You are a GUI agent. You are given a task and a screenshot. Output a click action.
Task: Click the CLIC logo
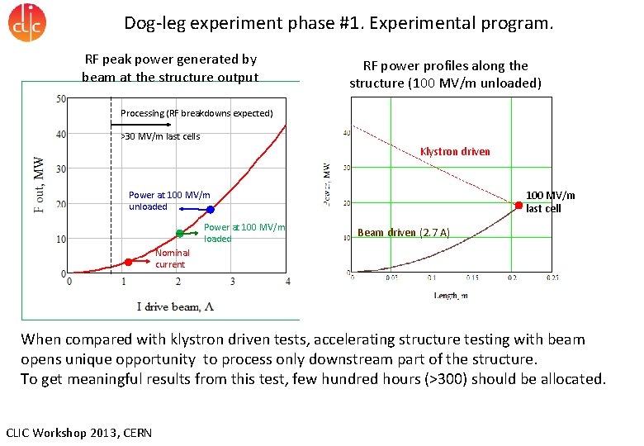(x=27, y=22)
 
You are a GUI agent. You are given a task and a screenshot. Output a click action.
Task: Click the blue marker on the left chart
(x=211, y=210)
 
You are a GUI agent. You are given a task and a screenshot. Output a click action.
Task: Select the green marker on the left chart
(x=179, y=234)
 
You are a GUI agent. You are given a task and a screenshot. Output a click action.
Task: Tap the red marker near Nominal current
(x=128, y=262)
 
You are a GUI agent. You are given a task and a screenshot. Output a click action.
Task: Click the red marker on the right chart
(x=519, y=203)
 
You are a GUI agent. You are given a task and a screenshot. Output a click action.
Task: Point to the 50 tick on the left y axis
(x=61, y=99)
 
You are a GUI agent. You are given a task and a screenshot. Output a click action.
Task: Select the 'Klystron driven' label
(x=455, y=151)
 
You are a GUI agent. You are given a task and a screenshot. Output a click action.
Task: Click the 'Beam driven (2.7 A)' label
(x=403, y=232)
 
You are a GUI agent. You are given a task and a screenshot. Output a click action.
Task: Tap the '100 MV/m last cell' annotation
(x=550, y=202)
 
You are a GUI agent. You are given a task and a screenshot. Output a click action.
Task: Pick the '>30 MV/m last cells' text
(x=160, y=136)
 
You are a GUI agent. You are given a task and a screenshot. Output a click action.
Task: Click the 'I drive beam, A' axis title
(x=176, y=306)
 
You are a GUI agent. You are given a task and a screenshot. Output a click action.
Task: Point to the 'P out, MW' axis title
(x=40, y=186)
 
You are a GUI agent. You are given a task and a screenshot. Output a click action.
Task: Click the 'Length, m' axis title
(x=451, y=295)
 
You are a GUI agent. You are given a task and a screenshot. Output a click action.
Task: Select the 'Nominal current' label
(x=172, y=259)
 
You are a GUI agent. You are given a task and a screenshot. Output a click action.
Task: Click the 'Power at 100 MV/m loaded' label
(x=244, y=233)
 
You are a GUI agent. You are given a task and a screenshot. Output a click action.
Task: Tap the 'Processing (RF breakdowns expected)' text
(x=197, y=113)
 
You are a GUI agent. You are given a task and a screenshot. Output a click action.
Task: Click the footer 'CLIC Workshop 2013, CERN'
(x=78, y=433)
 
